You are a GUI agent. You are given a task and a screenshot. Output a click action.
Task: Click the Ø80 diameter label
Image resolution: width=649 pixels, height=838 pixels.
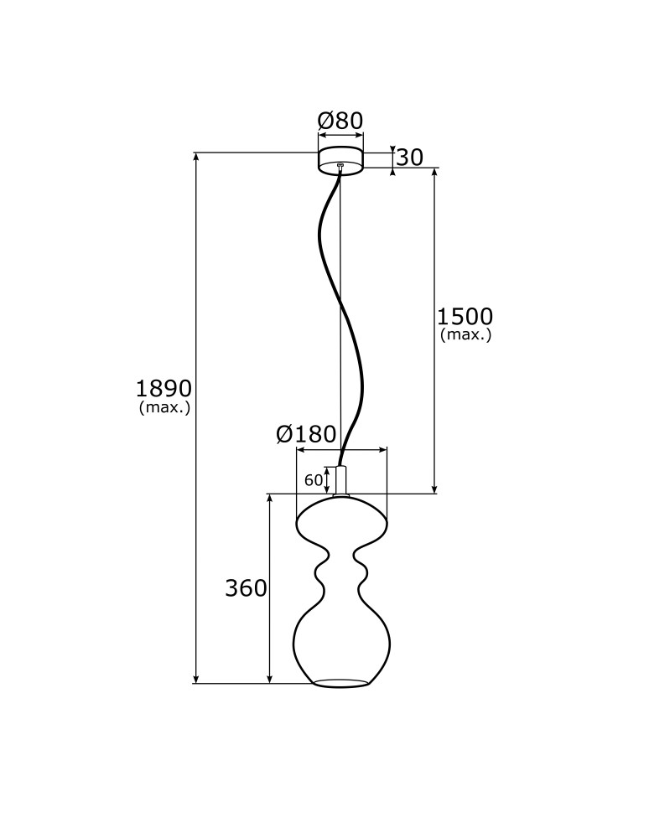(340, 121)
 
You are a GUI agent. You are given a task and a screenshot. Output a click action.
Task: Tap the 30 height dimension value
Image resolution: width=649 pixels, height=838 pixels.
(409, 158)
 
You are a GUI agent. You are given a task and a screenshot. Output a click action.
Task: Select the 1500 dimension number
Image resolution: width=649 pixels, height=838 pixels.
(465, 317)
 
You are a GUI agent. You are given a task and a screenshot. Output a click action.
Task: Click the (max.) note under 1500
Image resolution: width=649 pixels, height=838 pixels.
(465, 335)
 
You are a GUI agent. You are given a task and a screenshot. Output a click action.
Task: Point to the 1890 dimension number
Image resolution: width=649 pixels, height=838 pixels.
(164, 389)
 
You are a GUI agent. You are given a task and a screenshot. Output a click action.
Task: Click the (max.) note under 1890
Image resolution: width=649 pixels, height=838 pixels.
(165, 407)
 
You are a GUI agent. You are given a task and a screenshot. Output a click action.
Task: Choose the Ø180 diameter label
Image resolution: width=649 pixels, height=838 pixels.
(306, 434)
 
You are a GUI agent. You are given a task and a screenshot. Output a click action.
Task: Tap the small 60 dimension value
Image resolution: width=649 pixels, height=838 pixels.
(313, 480)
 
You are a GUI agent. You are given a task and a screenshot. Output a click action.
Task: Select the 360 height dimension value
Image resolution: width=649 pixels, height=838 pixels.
(246, 588)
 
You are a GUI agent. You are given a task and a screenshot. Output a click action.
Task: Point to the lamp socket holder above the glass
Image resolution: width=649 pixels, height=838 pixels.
(340, 480)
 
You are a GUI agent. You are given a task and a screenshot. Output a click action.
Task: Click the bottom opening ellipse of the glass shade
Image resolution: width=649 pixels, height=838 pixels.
(340, 682)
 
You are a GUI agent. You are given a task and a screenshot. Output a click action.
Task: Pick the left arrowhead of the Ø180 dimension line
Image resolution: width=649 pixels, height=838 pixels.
(300, 451)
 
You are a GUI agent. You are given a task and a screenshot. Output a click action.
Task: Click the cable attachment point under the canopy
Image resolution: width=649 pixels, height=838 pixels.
(340, 166)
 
